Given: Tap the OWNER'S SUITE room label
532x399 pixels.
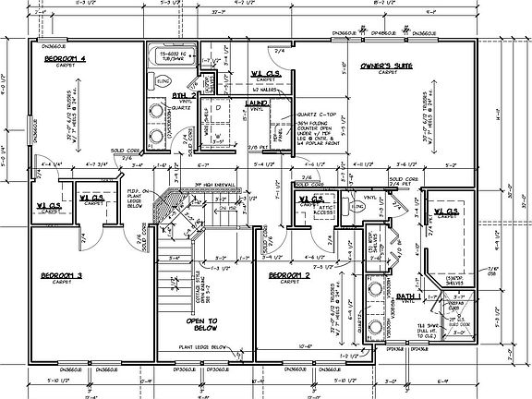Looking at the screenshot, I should tap(385, 66).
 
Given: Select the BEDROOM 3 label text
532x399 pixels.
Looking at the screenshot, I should tap(61, 276).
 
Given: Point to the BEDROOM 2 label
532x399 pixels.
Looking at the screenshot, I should tap(290, 276).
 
